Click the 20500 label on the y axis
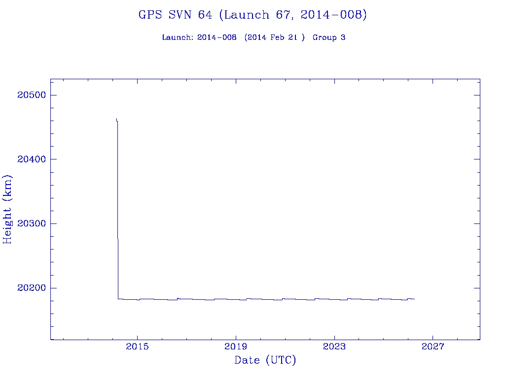(31, 95)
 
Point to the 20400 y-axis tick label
(31, 159)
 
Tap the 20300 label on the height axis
(31, 223)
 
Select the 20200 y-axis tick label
(31, 288)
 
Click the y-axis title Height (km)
(8, 209)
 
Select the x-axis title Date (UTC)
(265, 361)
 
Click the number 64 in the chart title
(205, 15)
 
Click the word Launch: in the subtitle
(178, 37)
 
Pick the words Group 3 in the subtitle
(329, 37)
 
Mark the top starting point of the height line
(116, 119)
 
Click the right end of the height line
(414, 299)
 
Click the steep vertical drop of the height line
(117, 207)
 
